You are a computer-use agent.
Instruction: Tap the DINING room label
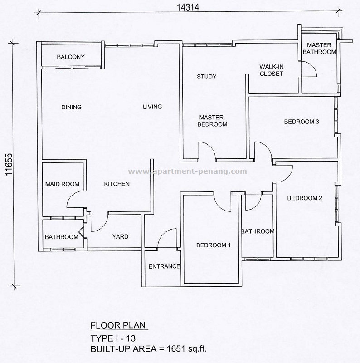pos(72,108)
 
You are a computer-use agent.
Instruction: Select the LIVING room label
pos(152,107)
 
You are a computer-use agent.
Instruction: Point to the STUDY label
pos(206,77)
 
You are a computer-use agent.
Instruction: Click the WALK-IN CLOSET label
pos(272,70)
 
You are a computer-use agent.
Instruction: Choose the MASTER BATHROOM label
pos(319,49)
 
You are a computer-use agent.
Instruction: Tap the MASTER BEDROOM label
pos(213,121)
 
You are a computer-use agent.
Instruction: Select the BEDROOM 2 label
pos(305,198)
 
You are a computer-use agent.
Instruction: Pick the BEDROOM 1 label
pos(214,245)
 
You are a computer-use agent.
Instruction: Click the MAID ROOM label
pos(62,184)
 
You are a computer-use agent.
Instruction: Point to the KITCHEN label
pos(117,184)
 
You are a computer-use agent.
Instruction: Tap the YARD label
pos(120,236)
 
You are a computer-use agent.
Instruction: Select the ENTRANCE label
pos(164,266)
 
